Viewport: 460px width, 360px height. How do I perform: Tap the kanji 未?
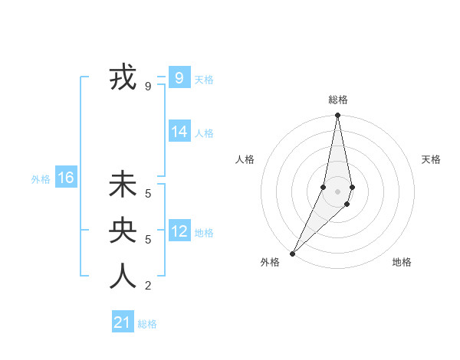123,185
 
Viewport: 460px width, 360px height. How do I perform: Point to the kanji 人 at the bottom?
123,276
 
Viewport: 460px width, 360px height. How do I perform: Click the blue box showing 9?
179,77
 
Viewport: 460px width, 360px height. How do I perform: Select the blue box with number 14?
179,132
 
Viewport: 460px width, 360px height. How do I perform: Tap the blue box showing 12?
179,231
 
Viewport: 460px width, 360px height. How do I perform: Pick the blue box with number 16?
65,178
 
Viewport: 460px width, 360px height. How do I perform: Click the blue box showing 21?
122,322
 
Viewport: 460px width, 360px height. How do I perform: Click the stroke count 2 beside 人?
148,286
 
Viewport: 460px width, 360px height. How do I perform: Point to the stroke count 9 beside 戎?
148,87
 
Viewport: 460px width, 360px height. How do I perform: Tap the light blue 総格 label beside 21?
147,324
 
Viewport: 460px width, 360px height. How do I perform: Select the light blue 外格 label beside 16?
41,179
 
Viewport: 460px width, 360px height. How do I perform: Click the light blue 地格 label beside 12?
204,233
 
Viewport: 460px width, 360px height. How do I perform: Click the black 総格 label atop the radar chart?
337,100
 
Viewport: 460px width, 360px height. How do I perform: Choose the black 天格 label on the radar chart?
431,159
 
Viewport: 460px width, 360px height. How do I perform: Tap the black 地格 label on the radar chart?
402,262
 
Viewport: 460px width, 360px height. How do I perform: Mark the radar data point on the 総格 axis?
337,116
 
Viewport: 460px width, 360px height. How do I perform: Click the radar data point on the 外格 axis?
292,254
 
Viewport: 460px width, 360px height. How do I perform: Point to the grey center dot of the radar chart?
337,191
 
